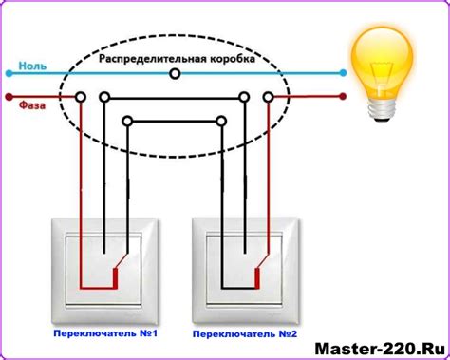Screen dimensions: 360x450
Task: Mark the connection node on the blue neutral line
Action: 173,72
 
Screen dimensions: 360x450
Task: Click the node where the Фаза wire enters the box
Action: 82,97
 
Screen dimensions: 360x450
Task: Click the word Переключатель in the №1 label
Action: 84,335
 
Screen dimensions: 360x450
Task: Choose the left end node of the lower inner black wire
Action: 127,121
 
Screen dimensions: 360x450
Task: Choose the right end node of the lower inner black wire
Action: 221,121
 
